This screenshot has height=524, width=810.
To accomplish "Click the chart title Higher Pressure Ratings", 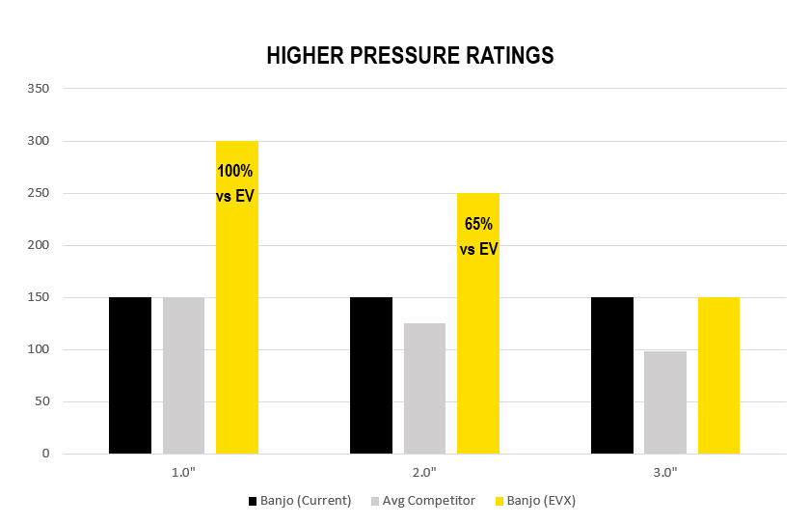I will [410, 56].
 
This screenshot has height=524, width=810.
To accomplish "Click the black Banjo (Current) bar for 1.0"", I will [130, 375].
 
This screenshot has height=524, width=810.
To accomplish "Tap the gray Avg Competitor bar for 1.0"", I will [183, 375].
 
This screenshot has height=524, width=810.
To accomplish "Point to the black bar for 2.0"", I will [371, 375].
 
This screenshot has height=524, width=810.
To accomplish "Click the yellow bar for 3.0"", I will [718, 375].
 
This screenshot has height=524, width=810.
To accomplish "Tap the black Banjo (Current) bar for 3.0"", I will [612, 375].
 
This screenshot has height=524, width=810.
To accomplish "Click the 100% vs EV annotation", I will [234, 183].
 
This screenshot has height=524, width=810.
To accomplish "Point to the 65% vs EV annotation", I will [478, 235].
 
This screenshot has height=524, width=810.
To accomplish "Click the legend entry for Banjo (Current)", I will [300, 501].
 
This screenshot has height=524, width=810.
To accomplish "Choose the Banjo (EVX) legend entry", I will [534, 501].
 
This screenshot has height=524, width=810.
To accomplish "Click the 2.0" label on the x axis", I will [424, 472].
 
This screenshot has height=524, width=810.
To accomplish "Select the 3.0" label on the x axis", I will [665, 472].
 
